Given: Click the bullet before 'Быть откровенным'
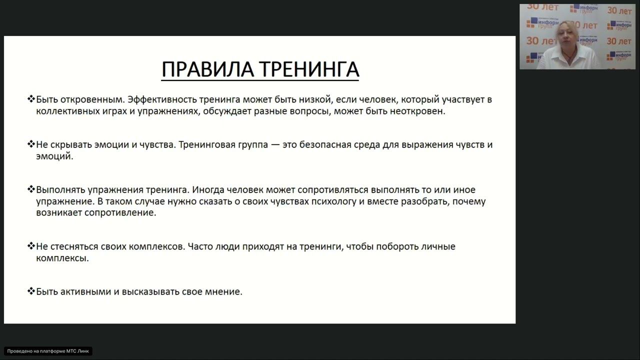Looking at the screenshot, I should tap(31, 99).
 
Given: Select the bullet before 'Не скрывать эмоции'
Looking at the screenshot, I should tap(31, 144).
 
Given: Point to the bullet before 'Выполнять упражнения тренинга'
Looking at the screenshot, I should tap(31, 189).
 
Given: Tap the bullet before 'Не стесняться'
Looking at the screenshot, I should tap(31, 246).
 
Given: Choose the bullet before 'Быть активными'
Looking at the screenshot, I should tap(31, 291).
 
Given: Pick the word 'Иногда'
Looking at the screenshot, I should tap(209, 190).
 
